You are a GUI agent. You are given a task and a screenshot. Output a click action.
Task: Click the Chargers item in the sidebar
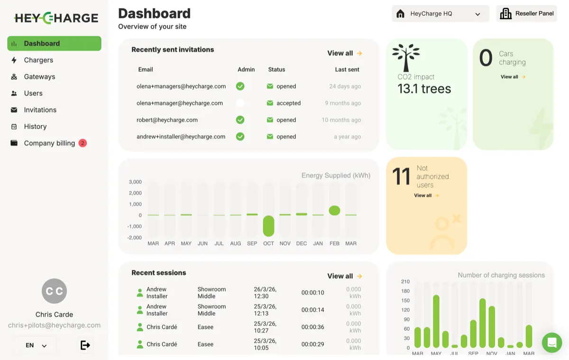(38, 60)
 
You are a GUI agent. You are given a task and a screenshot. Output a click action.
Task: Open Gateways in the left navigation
(39, 77)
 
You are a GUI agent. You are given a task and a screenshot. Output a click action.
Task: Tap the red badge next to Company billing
(83, 143)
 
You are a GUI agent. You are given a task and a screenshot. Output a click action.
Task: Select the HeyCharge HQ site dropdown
(440, 14)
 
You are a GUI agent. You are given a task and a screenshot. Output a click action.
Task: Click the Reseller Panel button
(526, 14)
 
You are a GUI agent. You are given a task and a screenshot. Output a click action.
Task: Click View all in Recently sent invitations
(344, 53)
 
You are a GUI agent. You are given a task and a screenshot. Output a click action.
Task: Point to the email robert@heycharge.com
(167, 120)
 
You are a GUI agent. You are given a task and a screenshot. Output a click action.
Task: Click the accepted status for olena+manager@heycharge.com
(288, 103)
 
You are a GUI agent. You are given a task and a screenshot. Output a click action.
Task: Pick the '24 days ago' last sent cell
(345, 86)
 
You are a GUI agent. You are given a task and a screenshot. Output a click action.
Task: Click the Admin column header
(246, 70)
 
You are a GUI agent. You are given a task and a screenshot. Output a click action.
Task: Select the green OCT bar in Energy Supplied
(268, 226)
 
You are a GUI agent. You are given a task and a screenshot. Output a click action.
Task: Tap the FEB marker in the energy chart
(334, 211)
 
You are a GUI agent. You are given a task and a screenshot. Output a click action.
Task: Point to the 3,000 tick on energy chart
(135, 182)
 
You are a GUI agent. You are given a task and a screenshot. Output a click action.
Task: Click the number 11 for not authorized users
(401, 177)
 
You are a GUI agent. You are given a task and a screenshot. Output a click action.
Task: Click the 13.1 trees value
(424, 89)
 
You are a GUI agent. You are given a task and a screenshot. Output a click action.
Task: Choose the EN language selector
(36, 345)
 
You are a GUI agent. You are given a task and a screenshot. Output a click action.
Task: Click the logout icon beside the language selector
(85, 345)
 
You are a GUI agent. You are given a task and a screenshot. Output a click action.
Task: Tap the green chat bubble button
(552, 342)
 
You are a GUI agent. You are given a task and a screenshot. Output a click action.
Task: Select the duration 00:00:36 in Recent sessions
(312, 327)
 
